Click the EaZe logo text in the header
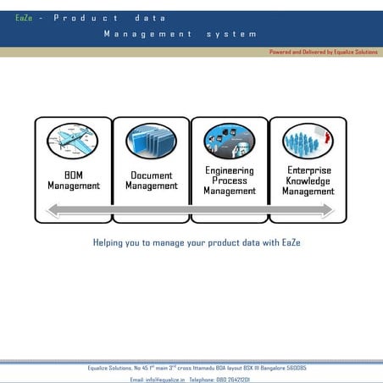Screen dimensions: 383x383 [x=24, y=18]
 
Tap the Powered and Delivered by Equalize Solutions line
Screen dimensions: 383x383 [x=323, y=52]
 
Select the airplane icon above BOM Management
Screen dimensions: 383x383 [x=73, y=141]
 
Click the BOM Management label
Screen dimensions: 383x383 [x=73, y=180]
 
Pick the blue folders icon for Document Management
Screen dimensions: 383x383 [x=151, y=141]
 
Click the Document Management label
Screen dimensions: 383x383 [x=151, y=180]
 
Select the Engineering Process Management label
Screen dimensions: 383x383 [x=230, y=180]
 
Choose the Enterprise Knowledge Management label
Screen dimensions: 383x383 [x=308, y=180]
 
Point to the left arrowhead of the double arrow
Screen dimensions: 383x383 [x=53, y=210]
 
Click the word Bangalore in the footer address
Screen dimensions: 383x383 [x=264, y=369]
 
